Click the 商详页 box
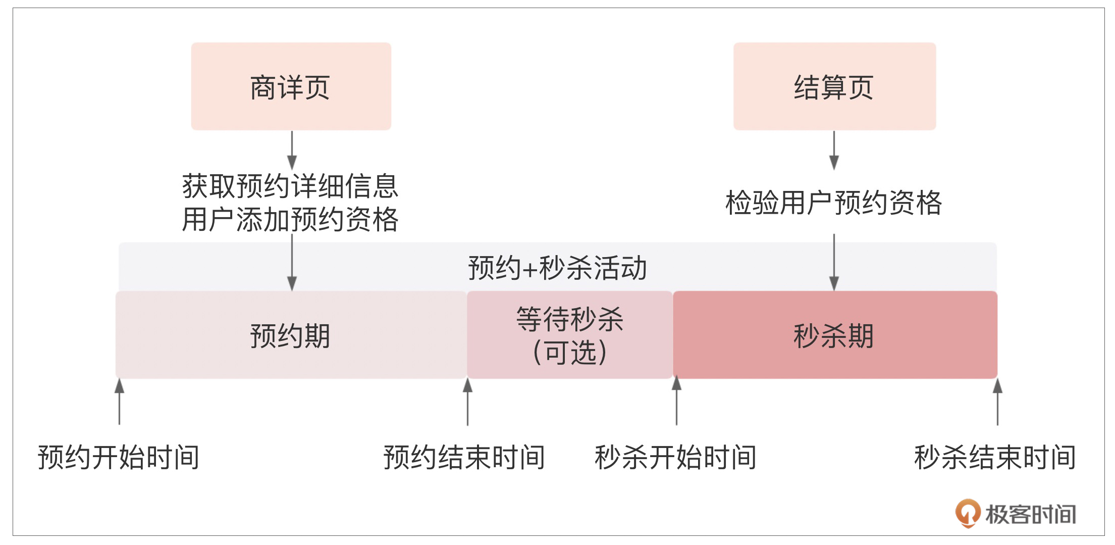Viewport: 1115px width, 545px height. point(291,86)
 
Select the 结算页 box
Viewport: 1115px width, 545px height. point(834,86)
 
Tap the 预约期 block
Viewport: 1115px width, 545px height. point(291,335)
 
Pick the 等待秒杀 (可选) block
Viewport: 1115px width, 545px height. point(570,335)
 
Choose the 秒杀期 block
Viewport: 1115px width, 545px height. point(835,335)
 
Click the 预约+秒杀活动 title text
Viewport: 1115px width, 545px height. point(557,268)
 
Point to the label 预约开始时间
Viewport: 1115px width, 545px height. point(119,458)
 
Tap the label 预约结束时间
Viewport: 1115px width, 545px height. point(464,458)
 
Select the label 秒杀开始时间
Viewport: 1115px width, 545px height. point(676,458)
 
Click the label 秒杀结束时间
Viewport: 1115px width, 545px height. point(995,458)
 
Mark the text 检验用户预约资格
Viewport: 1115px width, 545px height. point(834,203)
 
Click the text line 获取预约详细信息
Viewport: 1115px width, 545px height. point(291,186)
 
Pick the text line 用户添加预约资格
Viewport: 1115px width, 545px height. point(291,220)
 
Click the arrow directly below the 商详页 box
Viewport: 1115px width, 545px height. point(292,151)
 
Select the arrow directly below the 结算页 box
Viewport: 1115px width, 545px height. point(834,151)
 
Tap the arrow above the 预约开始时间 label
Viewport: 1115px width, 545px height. point(119,402)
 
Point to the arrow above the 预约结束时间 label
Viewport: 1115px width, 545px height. point(467,402)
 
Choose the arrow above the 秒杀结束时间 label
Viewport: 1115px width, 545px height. point(997,402)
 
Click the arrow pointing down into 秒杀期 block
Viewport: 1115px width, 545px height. point(834,262)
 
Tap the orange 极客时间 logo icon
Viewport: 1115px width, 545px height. point(968,513)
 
